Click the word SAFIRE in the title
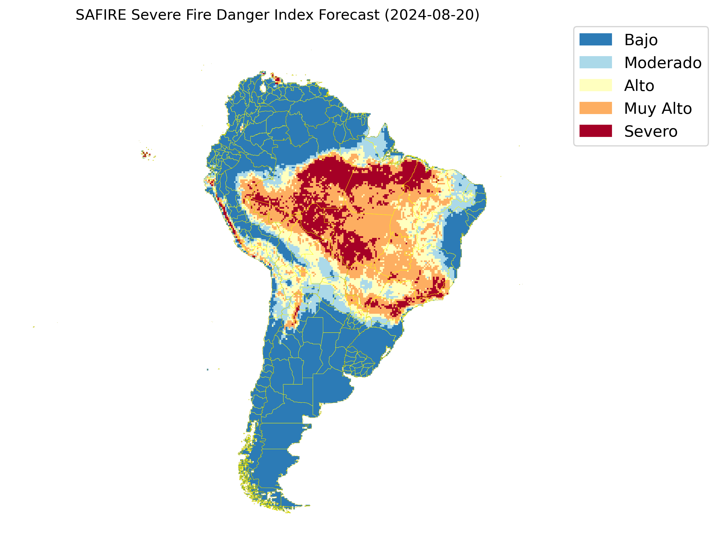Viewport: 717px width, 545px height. (x=100, y=15)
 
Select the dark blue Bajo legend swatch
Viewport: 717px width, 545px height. (x=595, y=39)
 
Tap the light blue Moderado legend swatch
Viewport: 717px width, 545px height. (x=595, y=62)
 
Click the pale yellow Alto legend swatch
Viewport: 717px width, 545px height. (x=595, y=85)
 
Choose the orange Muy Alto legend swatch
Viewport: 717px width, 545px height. (x=595, y=108)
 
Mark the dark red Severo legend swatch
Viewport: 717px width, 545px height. (x=595, y=131)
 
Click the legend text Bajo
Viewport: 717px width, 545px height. (x=641, y=40)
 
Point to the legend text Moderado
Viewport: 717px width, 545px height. (x=663, y=63)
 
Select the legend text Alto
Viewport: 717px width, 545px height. (x=639, y=86)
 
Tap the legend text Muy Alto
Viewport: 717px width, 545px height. (x=658, y=108)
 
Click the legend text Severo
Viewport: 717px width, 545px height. (x=650, y=131)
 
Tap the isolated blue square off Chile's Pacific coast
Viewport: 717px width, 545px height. (x=207, y=370)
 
